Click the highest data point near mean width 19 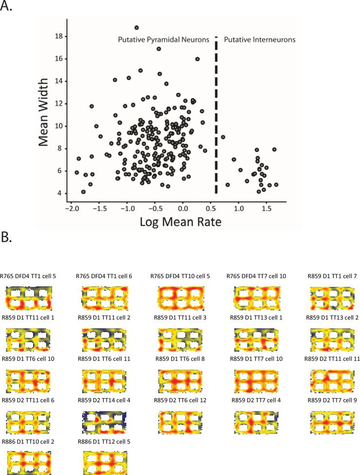coord(137,28)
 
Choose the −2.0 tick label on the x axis coord(71,208)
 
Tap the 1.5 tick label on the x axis coord(266,208)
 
